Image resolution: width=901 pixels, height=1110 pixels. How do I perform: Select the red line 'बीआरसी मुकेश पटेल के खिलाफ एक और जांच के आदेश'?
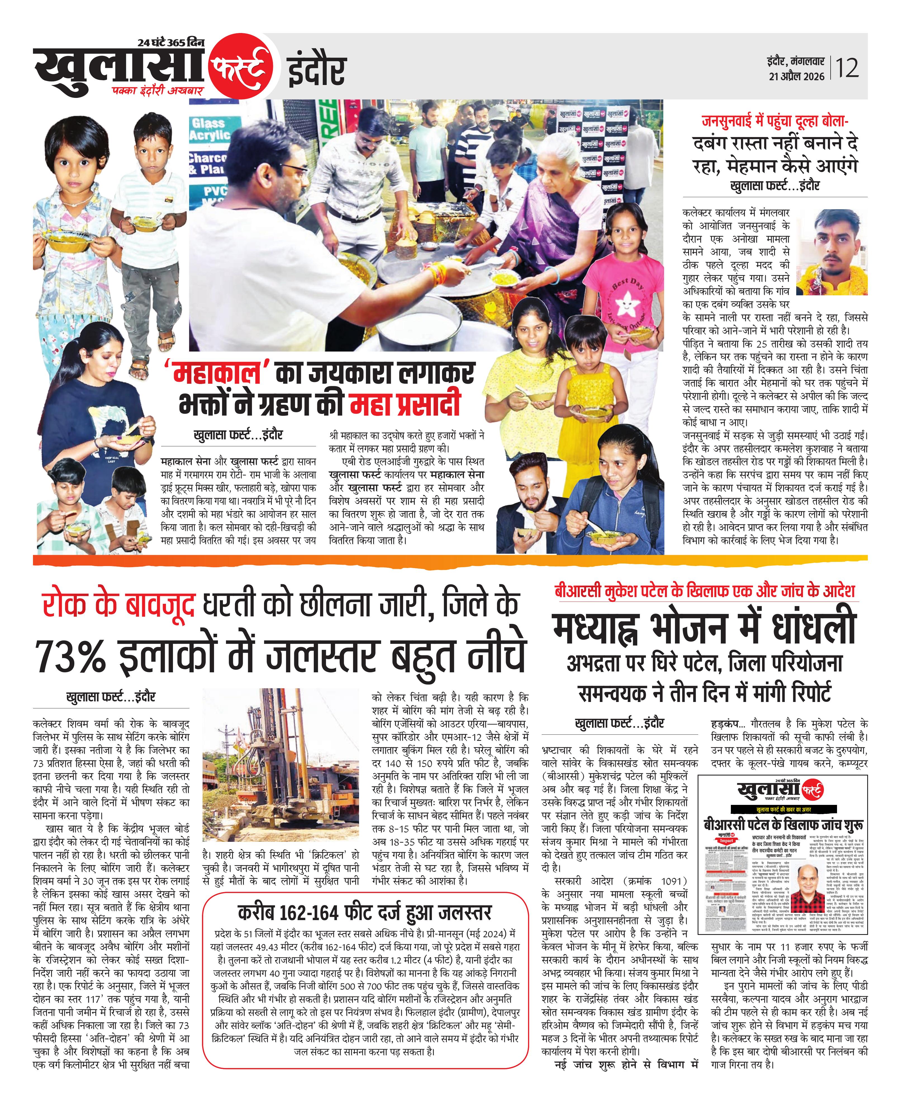704,591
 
